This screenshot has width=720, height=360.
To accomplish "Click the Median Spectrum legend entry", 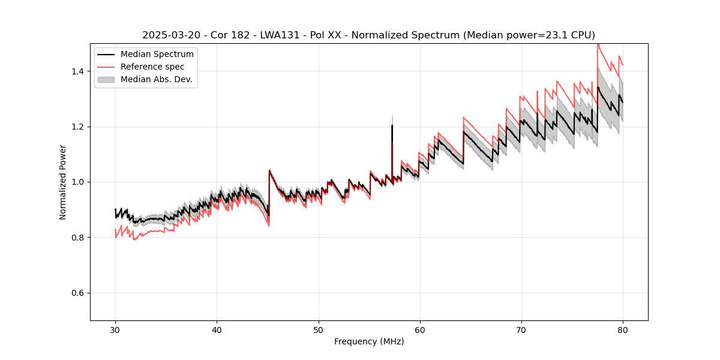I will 157,55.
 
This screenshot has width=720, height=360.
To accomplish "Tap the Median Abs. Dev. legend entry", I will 156,79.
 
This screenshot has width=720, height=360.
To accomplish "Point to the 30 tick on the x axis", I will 115,329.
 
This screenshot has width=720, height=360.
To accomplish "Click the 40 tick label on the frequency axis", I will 217,329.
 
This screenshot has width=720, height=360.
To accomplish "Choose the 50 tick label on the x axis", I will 318,329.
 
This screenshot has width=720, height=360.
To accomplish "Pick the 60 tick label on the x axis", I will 419,329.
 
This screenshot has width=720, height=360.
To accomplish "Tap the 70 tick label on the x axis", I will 521,329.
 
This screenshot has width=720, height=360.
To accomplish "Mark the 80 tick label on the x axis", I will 623,329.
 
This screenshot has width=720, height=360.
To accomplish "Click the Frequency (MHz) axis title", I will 369,341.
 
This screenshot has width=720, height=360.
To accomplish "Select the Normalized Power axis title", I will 63,182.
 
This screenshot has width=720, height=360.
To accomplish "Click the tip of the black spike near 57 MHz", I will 392,125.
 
